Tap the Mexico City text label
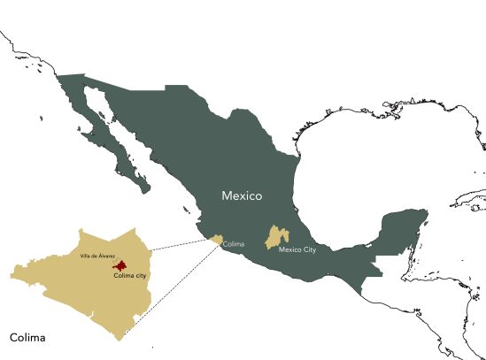[x=298, y=250]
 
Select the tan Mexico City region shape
[x=278, y=236]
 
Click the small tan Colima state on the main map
[x=215, y=239]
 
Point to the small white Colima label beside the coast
[x=234, y=243]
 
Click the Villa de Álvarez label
[x=96, y=256]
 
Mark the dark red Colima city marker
[x=118, y=265]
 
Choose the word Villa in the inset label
[x=85, y=256]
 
